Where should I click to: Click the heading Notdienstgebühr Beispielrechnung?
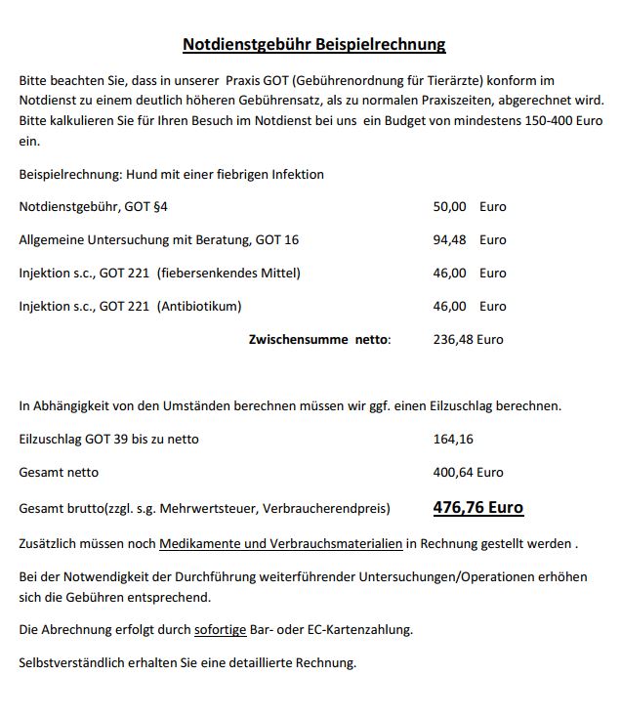click(x=313, y=44)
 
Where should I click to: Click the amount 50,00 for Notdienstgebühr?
click(x=449, y=207)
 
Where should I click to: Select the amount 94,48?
click(x=449, y=240)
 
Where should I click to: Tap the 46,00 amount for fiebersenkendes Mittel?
click(x=449, y=274)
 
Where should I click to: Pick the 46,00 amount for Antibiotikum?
click(x=449, y=307)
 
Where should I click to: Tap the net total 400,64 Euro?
click(x=468, y=473)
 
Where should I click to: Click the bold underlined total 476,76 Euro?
click(x=477, y=508)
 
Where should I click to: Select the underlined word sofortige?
click(x=220, y=630)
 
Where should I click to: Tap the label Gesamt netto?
click(x=59, y=473)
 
